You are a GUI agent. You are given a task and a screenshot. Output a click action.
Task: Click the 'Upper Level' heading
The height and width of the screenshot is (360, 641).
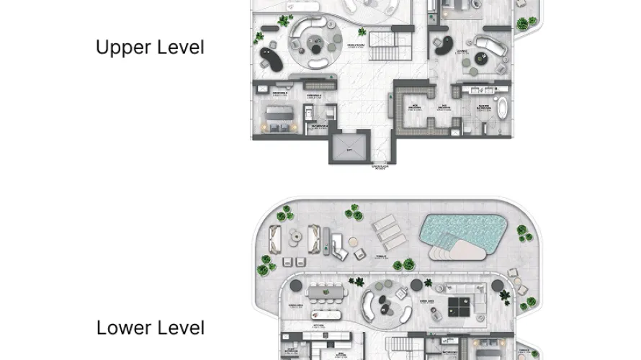150,48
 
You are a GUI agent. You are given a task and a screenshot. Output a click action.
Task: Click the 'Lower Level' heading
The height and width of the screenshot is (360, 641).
150,328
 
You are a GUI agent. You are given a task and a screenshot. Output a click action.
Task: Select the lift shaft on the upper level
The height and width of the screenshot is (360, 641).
348,148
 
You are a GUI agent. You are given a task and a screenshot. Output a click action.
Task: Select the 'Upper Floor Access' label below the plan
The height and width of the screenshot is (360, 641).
380,168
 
